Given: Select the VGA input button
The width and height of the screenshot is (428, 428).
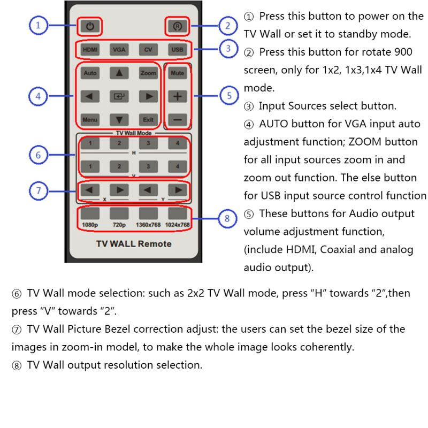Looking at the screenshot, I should [x=118, y=50].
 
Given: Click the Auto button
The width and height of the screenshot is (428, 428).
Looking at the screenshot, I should [x=90, y=73].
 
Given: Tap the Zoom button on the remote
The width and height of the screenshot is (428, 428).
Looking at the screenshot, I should [x=148, y=73].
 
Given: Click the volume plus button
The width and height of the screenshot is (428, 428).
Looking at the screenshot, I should [x=177, y=96].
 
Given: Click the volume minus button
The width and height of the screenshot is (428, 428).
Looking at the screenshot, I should [x=177, y=120].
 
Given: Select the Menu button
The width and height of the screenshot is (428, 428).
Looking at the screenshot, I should [x=90, y=120].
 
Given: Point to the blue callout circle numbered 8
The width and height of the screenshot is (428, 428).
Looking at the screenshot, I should [x=227, y=218].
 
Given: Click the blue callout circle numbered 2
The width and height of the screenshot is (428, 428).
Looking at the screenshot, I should [x=227, y=25].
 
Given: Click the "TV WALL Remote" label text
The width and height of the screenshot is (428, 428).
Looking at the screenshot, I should [x=134, y=244].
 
